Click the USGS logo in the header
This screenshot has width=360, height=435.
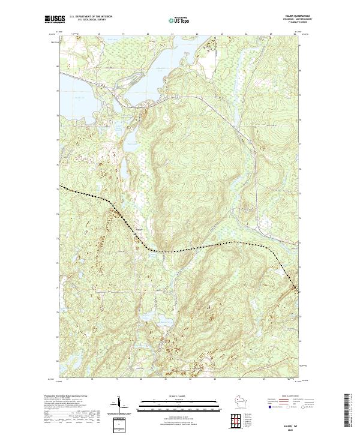coord(55,20)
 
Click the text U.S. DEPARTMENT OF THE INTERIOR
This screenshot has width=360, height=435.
coord(90,16)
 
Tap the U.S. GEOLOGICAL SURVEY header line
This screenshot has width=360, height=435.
coord(90,19)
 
